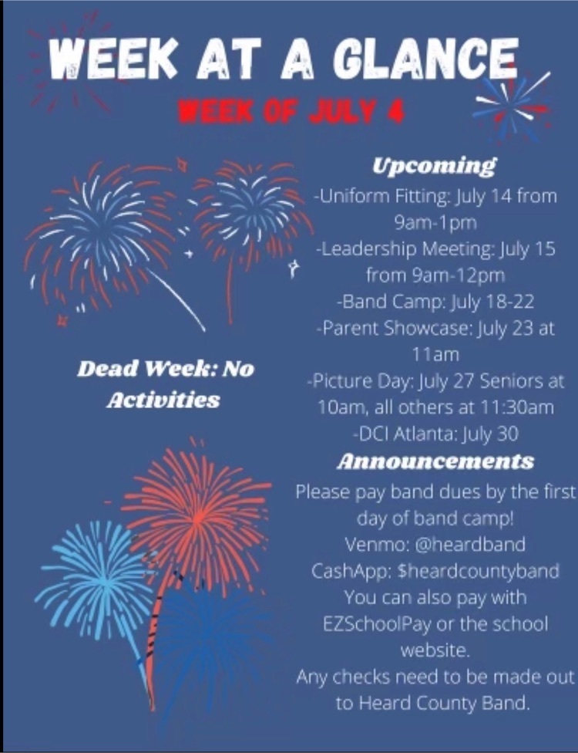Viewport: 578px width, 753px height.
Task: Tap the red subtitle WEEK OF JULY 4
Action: [291, 112]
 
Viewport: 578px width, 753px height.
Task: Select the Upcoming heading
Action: [435, 166]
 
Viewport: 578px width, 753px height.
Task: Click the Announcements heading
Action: [435, 461]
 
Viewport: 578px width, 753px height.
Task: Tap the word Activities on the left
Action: [163, 400]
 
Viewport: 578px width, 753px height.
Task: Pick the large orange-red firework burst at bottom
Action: [197, 517]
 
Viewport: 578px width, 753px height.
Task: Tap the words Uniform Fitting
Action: [384, 197]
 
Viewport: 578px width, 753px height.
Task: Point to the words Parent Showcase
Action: [395, 328]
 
